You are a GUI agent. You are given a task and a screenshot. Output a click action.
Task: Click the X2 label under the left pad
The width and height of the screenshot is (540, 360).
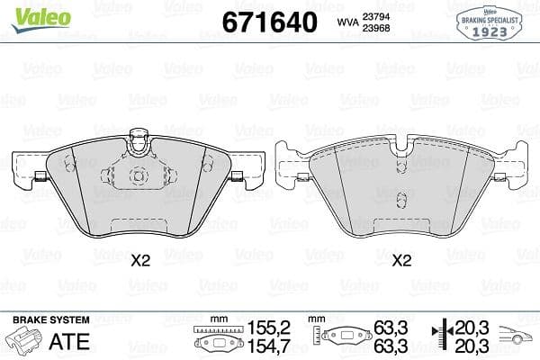(139, 262)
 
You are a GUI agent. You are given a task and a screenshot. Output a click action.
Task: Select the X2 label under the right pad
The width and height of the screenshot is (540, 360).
(401, 262)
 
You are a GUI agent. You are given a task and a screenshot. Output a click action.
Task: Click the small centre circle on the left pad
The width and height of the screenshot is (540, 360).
(139, 175)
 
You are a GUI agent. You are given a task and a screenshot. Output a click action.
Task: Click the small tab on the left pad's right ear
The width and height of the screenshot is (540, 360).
(238, 175)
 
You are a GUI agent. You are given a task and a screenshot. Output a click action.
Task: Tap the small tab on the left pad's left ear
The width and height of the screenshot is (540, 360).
(40, 175)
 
